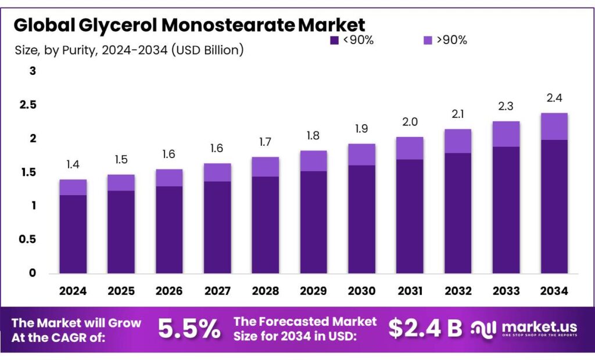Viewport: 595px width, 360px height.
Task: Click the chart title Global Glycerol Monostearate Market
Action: point(189,25)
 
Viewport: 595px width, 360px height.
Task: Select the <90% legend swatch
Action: point(334,40)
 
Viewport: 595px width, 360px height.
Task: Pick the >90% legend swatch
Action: point(427,40)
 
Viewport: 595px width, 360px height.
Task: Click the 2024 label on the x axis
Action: point(73,291)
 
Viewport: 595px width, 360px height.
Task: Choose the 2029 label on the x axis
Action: point(313,291)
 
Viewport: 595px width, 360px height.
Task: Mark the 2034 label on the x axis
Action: point(554,291)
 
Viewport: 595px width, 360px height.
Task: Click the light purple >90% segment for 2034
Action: point(554,126)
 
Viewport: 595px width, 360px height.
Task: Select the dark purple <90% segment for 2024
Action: point(73,234)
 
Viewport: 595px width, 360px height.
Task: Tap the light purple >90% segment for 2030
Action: point(361,154)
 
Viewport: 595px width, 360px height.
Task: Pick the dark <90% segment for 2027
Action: point(217,227)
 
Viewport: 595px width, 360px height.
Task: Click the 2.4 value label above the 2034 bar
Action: point(554,98)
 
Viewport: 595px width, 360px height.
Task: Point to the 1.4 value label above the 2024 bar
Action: point(73,164)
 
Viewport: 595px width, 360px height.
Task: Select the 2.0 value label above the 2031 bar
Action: point(409,122)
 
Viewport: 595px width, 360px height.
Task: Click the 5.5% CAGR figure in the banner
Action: point(189,329)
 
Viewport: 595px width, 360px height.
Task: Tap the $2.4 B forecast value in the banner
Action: point(425,329)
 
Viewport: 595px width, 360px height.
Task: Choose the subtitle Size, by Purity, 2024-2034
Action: point(128,51)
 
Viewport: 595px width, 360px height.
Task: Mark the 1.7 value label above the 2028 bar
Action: point(265,142)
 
